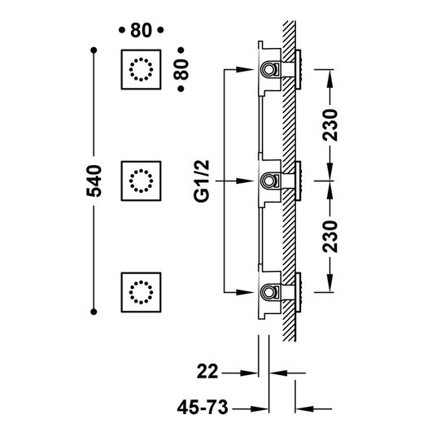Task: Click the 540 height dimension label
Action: pos(94,181)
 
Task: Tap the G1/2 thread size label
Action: pos(202,181)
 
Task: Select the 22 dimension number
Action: pos(207,372)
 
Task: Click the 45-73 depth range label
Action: pos(203,408)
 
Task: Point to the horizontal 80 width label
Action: pos(141,30)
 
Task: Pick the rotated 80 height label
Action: pos(181,69)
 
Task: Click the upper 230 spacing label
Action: pos(330,125)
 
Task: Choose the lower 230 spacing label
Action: pos(330,237)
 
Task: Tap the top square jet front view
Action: pos(141,69)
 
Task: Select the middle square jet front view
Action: pos(141,181)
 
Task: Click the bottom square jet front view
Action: pos(141,292)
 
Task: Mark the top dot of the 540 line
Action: pos(94,50)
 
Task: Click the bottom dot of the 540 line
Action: pos(94,312)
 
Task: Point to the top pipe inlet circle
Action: pos(269,69)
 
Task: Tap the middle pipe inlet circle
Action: pos(269,181)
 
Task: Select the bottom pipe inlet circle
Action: pos(269,292)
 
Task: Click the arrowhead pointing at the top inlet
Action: pos(245,69)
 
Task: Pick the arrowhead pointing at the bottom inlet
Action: pos(245,293)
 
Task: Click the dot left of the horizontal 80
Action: pos(122,30)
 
